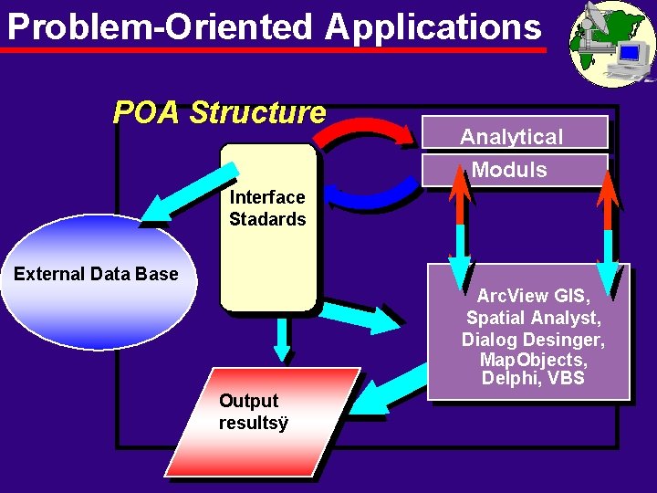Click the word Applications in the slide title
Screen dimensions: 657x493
[433, 27]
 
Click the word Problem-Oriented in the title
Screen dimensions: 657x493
[160, 27]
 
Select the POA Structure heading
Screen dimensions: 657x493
[219, 112]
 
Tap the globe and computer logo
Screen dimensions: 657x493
[611, 44]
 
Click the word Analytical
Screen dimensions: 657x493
[511, 137]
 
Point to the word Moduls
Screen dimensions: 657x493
[509, 170]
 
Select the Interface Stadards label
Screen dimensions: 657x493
[267, 208]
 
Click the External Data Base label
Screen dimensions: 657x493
[96, 274]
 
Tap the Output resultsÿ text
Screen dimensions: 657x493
[253, 412]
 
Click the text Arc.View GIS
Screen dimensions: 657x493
[534, 296]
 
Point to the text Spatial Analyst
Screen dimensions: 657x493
[534, 318]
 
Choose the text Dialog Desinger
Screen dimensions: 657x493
[533, 339]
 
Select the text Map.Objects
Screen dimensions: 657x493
[534, 359]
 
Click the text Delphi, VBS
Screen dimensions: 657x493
[533, 378]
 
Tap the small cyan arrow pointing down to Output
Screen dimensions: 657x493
[283, 340]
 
